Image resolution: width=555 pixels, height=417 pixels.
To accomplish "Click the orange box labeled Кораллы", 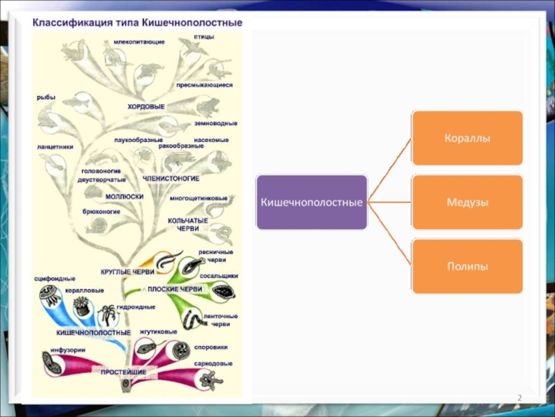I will tap(467, 139).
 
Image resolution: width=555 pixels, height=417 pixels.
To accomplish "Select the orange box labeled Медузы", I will tap(467, 202).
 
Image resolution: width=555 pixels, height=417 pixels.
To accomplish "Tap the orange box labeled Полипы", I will tap(467, 266).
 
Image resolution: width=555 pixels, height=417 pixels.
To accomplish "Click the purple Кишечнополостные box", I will tap(311, 202).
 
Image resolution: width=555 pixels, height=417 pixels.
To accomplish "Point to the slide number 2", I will tap(518, 398).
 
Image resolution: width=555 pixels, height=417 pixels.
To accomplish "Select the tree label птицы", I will tap(203, 35).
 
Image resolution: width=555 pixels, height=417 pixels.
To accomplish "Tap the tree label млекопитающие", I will tap(139, 42).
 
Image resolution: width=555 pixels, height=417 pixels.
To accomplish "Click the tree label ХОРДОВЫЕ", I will tap(146, 106).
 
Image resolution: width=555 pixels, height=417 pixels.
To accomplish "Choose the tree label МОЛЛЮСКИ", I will tap(124, 197).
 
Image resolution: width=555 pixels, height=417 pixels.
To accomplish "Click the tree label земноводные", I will tap(216, 123).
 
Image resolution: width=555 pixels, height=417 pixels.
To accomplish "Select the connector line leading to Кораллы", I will tap(390, 170).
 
